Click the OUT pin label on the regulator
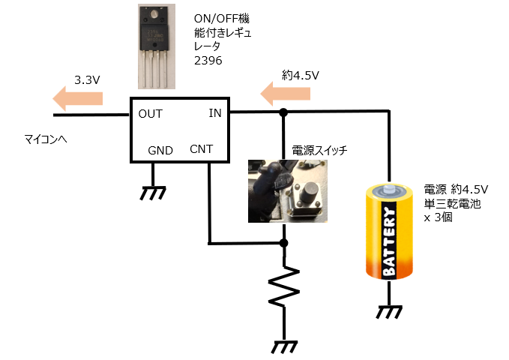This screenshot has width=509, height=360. tap(151, 114)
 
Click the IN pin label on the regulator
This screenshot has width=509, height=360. tap(215, 113)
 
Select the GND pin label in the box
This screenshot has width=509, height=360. tap(160, 150)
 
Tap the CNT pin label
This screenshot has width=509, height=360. tap(201, 148)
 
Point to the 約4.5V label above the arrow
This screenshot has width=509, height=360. tap(301, 75)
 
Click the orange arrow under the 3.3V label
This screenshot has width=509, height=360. tap(78, 97)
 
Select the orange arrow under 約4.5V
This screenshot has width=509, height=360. tap(286, 93)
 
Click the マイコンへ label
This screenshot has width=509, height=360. tap(46, 139)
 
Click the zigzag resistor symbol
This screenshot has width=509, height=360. tap(283, 286)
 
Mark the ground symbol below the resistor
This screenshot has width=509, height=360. tap(283, 346)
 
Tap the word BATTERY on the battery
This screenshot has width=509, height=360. tap(389, 241)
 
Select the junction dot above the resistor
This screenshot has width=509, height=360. tap(283, 244)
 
